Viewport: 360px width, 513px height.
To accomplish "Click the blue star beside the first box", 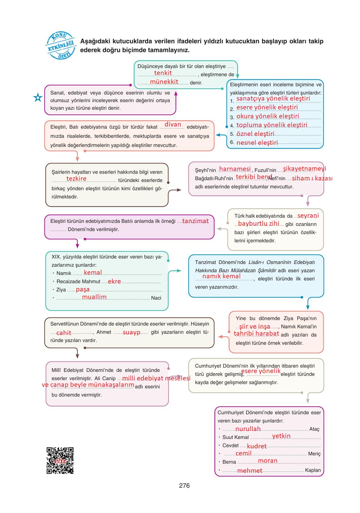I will (38, 98).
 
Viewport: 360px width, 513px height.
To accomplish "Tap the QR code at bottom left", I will (60, 460).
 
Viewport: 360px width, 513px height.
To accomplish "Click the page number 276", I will (184, 486).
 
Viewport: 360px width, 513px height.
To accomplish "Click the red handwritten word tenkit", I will (163, 73).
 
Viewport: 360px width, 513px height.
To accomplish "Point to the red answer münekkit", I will (164, 82).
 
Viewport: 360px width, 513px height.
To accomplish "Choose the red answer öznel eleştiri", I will (255, 134).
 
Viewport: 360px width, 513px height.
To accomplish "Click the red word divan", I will (173, 124).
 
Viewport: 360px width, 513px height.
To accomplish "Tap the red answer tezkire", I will (77, 179).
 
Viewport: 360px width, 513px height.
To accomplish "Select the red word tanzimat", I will (195, 221).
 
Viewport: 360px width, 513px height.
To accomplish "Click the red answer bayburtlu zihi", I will (258, 223).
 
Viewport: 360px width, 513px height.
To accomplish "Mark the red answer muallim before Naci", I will (94, 297).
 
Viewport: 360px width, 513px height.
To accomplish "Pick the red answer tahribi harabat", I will (256, 333).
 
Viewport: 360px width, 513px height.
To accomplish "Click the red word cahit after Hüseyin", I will (64, 333).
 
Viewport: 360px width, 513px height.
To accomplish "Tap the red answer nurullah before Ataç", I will (248, 429).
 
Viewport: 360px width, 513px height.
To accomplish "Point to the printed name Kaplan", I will (313, 470).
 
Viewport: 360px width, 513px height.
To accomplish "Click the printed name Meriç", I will (314, 454).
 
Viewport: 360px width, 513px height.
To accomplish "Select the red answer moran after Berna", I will (268, 461).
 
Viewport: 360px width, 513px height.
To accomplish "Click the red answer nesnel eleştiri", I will (257, 143).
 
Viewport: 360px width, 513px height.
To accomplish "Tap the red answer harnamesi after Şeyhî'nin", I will (235, 169).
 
